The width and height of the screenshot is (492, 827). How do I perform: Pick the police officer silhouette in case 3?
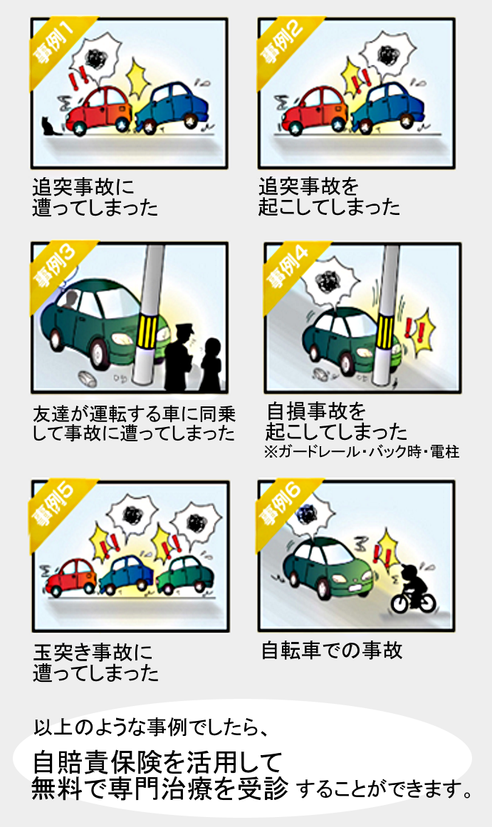coord(179,358)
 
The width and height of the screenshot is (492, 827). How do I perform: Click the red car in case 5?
coord(70,577)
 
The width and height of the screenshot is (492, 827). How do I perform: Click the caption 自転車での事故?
coord(332,650)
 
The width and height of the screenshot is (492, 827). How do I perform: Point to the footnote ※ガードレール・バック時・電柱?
coord(362,451)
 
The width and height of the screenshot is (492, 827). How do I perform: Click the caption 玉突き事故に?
coord(93,653)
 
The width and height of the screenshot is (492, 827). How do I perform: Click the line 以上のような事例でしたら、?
coord(152,728)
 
